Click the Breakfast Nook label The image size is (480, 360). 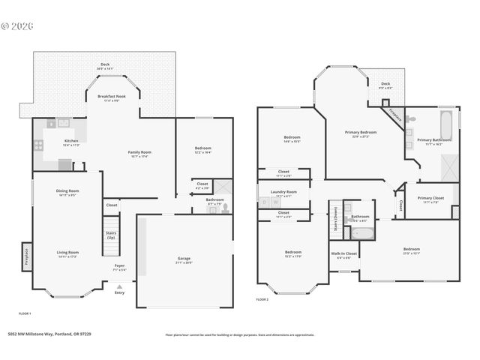pos(110,97)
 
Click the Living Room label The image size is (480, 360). pos(67,253)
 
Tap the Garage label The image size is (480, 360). pos(183,259)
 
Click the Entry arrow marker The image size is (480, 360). pos(118,286)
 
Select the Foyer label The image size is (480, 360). pos(119,265)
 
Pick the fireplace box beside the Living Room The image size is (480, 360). pos(26,256)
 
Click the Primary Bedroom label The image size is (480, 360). pos(361,133)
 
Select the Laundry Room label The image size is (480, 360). pos(283,192)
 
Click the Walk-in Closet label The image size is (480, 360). pos(344,253)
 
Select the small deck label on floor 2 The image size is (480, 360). pos(385,85)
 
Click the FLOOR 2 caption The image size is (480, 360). pos(262,299)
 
